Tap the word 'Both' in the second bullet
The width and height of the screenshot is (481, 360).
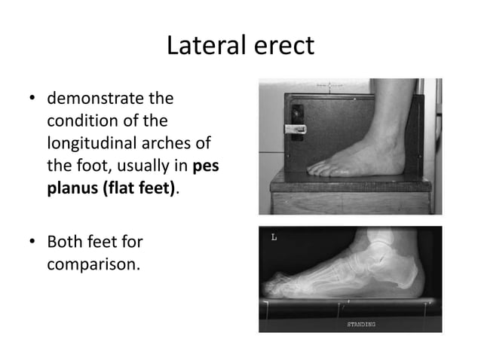coord(65,243)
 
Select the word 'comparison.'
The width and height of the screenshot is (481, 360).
coord(93,265)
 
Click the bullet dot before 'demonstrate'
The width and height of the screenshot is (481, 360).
coord(32,99)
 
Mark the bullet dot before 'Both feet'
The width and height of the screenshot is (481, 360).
coord(32,243)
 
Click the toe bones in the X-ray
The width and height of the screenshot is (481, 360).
coord(280,285)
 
